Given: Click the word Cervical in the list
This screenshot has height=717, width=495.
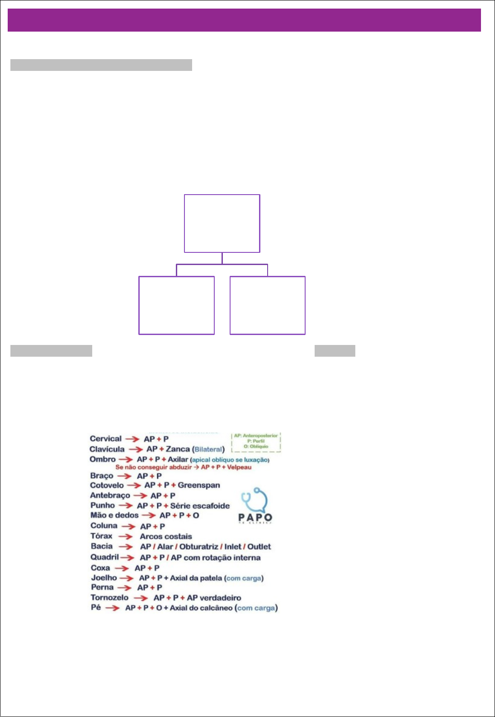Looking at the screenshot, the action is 105,438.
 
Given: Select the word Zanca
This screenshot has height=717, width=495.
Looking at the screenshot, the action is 178,449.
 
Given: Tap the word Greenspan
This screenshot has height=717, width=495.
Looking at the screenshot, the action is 199,485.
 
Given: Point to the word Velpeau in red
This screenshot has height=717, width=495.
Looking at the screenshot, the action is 239,467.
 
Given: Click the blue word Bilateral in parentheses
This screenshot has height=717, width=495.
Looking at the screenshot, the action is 208,449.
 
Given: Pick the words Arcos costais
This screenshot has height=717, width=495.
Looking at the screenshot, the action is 166,536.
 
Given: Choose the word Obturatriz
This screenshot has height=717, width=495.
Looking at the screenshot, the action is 198,546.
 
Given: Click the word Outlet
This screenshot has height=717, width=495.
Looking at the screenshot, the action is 259,546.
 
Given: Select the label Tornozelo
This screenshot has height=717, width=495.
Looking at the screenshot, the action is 109,597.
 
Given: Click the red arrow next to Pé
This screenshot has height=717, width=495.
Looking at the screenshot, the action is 112,608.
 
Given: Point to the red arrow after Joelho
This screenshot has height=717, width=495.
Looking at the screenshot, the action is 127,578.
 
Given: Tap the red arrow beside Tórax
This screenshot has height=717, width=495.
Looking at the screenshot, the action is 125,536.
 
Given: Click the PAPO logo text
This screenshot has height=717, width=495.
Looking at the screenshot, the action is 255,517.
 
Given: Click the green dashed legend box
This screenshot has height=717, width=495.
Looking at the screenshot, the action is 256,441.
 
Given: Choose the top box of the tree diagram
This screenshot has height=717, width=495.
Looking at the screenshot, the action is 222,223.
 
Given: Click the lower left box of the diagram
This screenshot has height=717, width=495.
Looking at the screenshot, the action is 176,305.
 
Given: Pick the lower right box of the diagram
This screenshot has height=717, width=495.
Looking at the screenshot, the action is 268,305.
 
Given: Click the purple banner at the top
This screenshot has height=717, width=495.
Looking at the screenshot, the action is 244,20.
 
